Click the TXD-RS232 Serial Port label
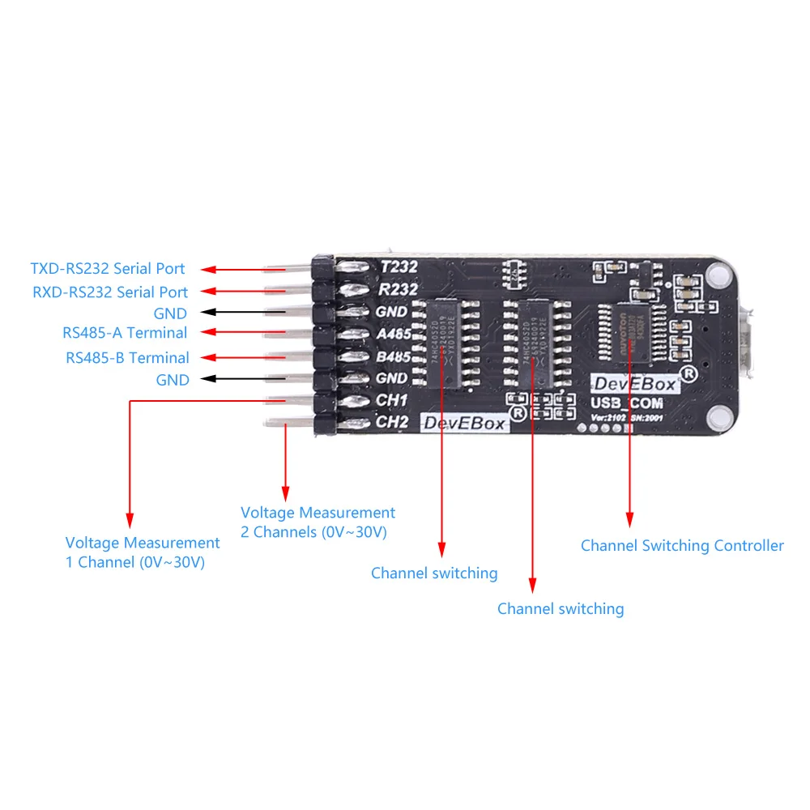[108, 268]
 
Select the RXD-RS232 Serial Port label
[110, 292]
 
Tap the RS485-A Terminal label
[125, 332]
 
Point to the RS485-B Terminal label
[127, 357]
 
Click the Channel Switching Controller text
[682, 545]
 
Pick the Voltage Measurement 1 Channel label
[143, 552]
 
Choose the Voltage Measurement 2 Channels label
[318, 522]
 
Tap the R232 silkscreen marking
[398, 289]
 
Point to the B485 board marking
[394, 356]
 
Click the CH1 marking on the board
[392, 399]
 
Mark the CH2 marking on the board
[393, 421]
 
